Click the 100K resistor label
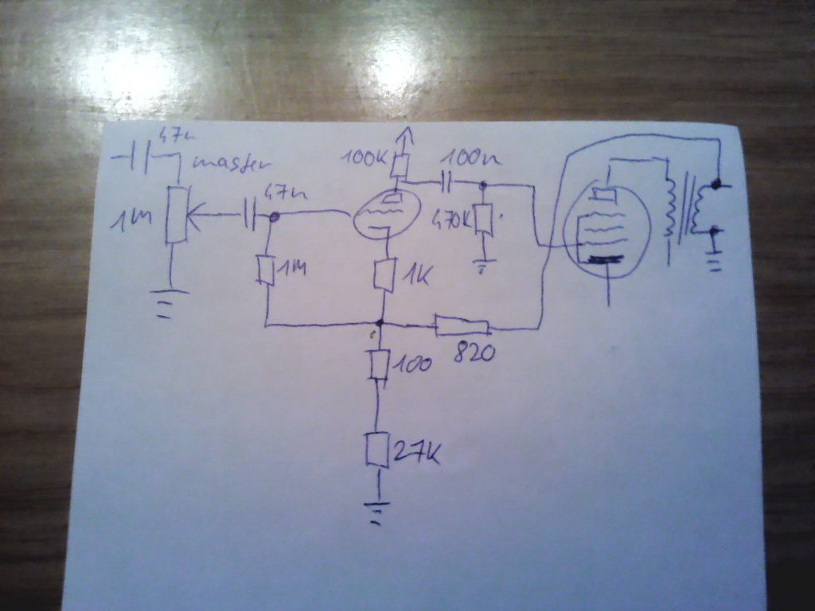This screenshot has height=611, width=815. click(x=363, y=158)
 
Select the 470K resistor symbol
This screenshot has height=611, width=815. click(x=483, y=220)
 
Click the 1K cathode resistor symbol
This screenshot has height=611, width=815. click(x=385, y=274)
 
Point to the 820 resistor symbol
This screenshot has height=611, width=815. click(x=461, y=325)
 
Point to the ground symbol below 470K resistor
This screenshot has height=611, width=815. click(x=483, y=265)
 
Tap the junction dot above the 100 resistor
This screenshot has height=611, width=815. click(x=380, y=323)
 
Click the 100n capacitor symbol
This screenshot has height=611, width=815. click(x=446, y=184)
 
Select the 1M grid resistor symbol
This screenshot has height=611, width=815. click(x=267, y=270)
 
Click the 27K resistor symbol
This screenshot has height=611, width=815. click(x=377, y=449)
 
